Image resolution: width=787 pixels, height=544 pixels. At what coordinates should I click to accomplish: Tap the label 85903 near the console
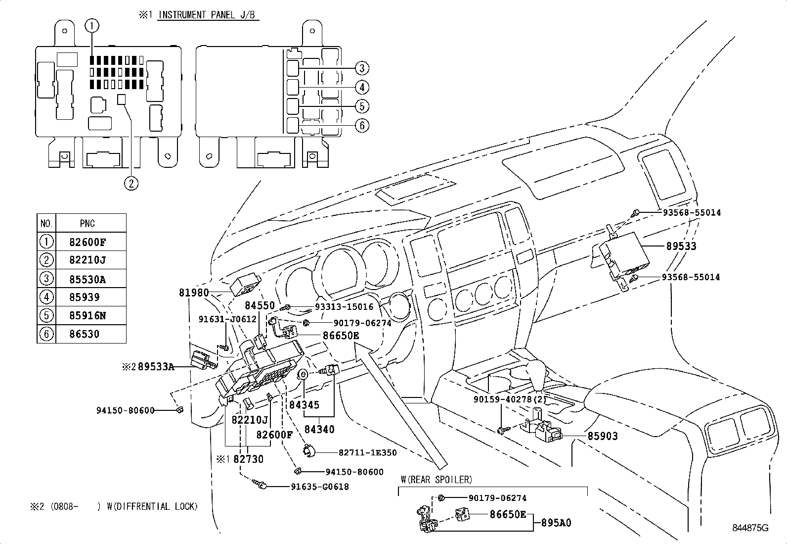602,436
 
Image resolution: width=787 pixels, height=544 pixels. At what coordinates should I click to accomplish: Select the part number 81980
194,293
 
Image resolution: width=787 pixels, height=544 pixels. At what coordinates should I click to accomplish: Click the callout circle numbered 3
361,68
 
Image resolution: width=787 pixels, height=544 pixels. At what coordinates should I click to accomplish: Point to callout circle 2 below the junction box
131,184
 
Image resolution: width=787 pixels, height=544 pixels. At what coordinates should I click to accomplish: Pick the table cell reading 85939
85,297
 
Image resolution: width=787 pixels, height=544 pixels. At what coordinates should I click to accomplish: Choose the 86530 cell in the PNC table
85,334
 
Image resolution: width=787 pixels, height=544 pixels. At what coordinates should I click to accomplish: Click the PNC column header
87,224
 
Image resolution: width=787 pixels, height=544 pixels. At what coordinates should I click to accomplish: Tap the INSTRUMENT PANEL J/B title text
207,15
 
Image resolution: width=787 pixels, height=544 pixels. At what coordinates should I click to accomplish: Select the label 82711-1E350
367,452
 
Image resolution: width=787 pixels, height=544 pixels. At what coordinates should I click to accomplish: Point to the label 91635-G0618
319,487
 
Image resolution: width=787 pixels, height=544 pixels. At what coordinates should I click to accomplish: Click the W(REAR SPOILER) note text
436,480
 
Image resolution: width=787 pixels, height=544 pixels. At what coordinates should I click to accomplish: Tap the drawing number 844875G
750,528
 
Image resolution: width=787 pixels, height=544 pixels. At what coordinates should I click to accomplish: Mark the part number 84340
319,429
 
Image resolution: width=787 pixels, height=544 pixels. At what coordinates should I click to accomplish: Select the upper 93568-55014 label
692,213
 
